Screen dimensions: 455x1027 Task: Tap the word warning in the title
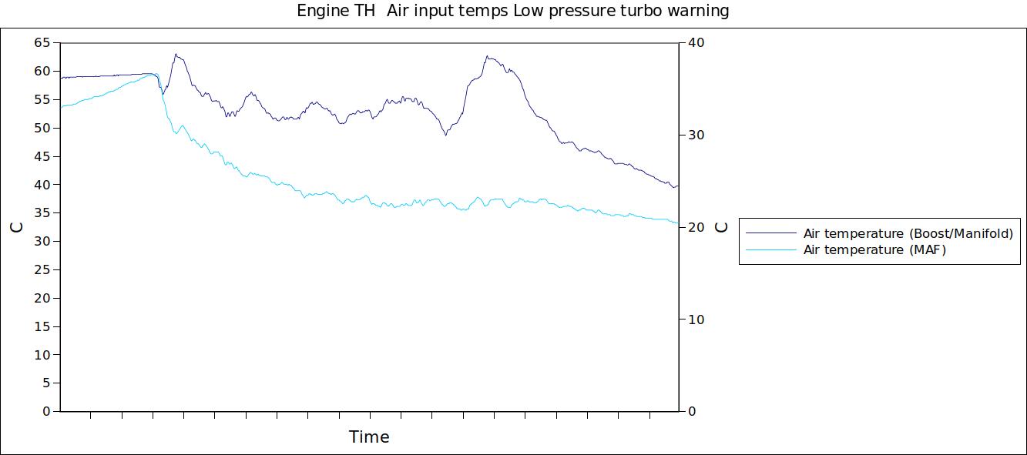[x=698, y=12]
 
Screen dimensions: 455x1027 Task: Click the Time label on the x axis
[x=369, y=437]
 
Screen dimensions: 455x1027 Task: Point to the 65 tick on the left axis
[x=42, y=43]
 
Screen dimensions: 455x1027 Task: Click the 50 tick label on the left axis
[x=42, y=128]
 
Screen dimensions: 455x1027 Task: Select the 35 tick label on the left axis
[x=42, y=213]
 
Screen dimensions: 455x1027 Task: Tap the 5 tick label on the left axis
[x=45, y=383]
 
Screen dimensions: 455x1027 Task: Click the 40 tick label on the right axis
[x=696, y=43]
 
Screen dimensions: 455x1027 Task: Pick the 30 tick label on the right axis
[x=696, y=135]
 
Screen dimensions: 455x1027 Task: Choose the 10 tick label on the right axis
[x=696, y=320]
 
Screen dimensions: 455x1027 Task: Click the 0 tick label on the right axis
[x=692, y=412]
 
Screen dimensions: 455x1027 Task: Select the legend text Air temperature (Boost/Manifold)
[x=908, y=233]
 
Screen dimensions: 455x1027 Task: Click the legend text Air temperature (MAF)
[x=874, y=250]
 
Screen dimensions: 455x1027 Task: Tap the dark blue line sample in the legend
[x=770, y=233]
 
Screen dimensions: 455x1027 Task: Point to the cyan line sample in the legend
[x=770, y=250]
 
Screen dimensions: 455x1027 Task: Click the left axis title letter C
[x=16, y=227]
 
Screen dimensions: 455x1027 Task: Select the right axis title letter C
[x=721, y=227]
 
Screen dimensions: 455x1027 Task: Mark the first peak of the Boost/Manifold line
[x=176, y=55]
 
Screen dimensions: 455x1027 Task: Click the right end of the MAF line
[x=677, y=223]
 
